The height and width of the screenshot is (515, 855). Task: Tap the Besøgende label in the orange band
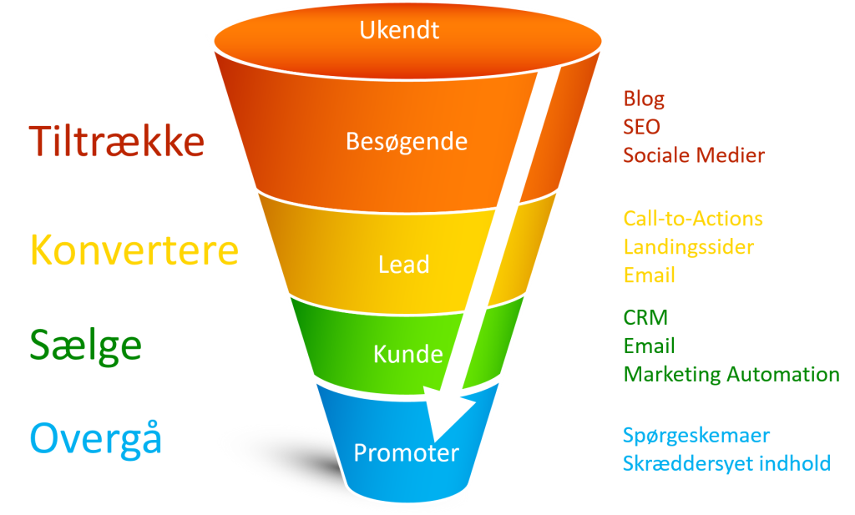[x=407, y=141]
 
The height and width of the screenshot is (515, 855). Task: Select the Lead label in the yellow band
[x=403, y=265]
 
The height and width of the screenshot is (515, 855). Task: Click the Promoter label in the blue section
[x=406, y=453]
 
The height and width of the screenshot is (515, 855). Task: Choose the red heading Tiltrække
[x=117, y=141]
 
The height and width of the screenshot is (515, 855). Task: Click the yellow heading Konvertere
[x=134, y=249]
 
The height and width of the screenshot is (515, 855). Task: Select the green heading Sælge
[x=86, y=343]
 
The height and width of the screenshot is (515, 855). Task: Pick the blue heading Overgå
[x=96, y=438]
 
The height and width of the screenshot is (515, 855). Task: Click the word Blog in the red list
[x=644, y=99]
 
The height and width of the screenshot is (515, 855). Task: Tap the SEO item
[x=641, y=127]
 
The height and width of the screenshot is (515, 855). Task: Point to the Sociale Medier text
[x=694, y=155]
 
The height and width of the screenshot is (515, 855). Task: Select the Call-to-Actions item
[x=693, y=219]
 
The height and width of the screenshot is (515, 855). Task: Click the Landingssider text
[x=689, y=247]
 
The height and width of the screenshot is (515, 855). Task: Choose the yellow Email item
[x=649, y=275]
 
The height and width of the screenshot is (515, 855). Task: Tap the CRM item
[x=645, y=317]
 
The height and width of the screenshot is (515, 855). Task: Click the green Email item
[x=649, y=346]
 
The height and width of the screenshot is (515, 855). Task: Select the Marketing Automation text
[x=731, y=374]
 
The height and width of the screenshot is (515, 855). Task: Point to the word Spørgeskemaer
[x=696, y=435]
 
